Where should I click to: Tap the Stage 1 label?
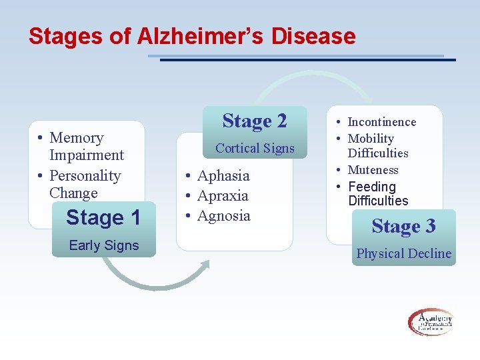[x=103, y=218]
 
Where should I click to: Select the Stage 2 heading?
[x=255, y=121]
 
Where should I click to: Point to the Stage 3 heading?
[x=403, y=226]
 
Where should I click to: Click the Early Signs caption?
[x=104, y=245]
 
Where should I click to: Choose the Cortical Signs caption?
[x=255, y=148]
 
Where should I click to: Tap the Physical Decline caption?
[x=403, y=253]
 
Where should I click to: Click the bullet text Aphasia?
[x=223, y=176]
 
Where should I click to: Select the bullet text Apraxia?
[x=223, y=196]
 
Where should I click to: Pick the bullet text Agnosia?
[x=223, y=216]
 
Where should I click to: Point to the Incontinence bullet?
[x=381, y=122]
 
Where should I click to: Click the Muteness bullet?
[x=373, y=170]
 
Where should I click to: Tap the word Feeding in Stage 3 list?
[x=372, y=187]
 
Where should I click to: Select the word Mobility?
[x=371, y=139]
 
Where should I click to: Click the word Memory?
[x=77, y=138]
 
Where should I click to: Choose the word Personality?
[x=85, y=176]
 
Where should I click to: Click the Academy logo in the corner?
[x=430, y=322]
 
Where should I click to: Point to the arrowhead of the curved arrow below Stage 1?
[x=204, y=265]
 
